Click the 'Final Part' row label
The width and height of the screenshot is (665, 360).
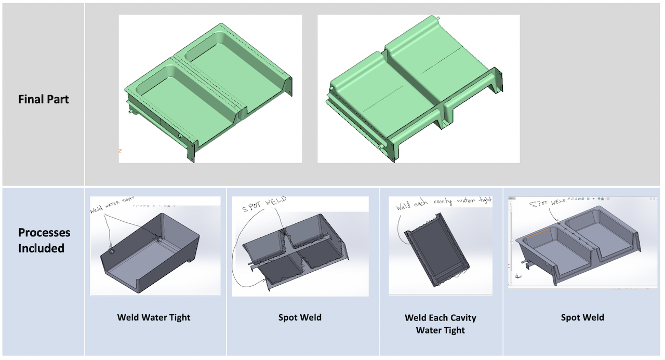coord(43,99)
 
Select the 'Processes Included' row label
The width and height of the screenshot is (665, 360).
coord(44,240)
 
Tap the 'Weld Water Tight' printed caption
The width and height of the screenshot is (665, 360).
coord(154,317)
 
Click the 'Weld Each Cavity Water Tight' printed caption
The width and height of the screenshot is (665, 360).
coord(440,324)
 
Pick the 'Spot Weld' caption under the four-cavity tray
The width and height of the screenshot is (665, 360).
coord(300,317)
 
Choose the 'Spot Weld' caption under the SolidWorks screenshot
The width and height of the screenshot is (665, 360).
coord(582,317)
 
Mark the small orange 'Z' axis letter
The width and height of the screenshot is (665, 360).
coord(120,151)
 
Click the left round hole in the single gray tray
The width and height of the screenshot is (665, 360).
coord(112,251)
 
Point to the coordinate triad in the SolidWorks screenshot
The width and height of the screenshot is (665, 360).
coord(518,276)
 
